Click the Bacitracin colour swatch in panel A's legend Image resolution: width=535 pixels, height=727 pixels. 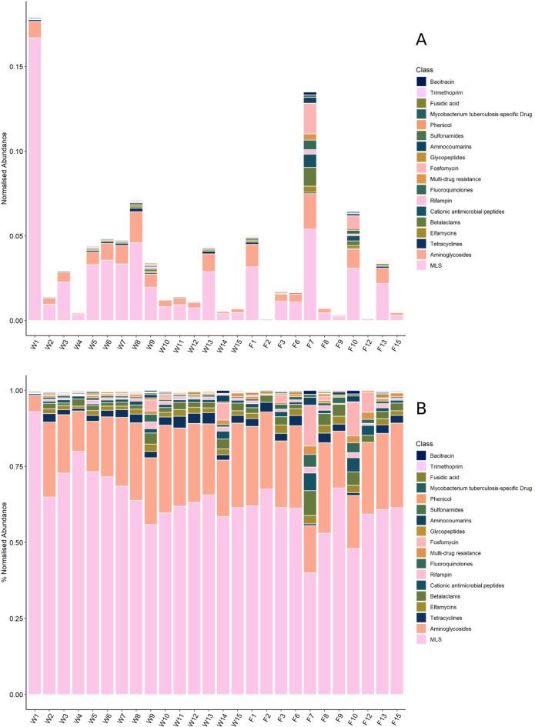click(421, 81)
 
